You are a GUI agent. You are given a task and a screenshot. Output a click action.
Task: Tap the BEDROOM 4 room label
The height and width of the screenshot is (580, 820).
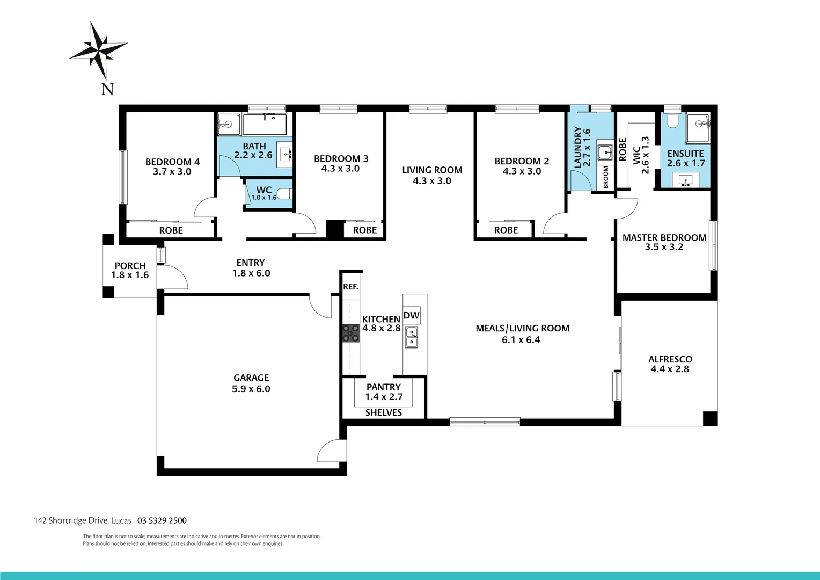pyautogui.click(x=172, y=162)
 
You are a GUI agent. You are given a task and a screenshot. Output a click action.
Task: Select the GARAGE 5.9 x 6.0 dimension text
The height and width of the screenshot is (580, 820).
pyautogui.click(x=251, y=389)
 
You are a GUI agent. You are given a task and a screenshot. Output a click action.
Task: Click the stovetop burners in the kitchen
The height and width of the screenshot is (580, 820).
pyautogui.click(x=352, y=333)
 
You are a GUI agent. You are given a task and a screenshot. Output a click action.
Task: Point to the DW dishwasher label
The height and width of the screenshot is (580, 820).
pyautogui.click(x=411, y=315)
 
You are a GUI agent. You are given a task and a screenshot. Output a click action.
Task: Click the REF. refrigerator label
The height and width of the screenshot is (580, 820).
pyautogui.click(x=350, y=287)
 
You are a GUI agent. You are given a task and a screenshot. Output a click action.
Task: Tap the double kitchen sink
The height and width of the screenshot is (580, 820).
pyautogui.click(x=412, y=337)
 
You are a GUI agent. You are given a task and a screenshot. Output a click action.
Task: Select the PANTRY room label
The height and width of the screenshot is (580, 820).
pyautogui.click(x=383, y=387)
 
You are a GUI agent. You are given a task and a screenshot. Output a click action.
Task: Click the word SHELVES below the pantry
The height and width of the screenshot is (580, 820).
pyautogui.click(x=383, y=412)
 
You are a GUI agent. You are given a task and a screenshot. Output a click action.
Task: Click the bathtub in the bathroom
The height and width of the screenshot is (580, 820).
pyautogui.click(x=265, y=125)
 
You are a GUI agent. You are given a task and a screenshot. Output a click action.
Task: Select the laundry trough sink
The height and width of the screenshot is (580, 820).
pyautogui.click(x=605, y=152)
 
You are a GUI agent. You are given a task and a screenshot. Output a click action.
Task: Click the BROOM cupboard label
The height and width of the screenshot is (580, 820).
pyautogui.click(x=606, y=177)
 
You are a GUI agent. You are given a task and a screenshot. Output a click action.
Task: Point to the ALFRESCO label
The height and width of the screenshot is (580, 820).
pyautogui.click(x=670, y=359)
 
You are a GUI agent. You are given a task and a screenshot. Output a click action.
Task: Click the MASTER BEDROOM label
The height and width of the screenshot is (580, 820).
pyautogui.click(x=664, y=237)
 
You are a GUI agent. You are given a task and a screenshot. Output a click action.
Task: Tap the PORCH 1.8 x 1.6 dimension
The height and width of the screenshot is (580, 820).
pyautogui.click(x=130, y=275)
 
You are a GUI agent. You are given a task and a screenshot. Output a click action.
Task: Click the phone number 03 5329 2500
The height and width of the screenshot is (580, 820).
pyautogui.click(x=162, y=520)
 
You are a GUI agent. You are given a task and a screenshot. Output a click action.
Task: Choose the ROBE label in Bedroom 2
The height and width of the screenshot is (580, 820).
pyautogui.click(x=506, y=230)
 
